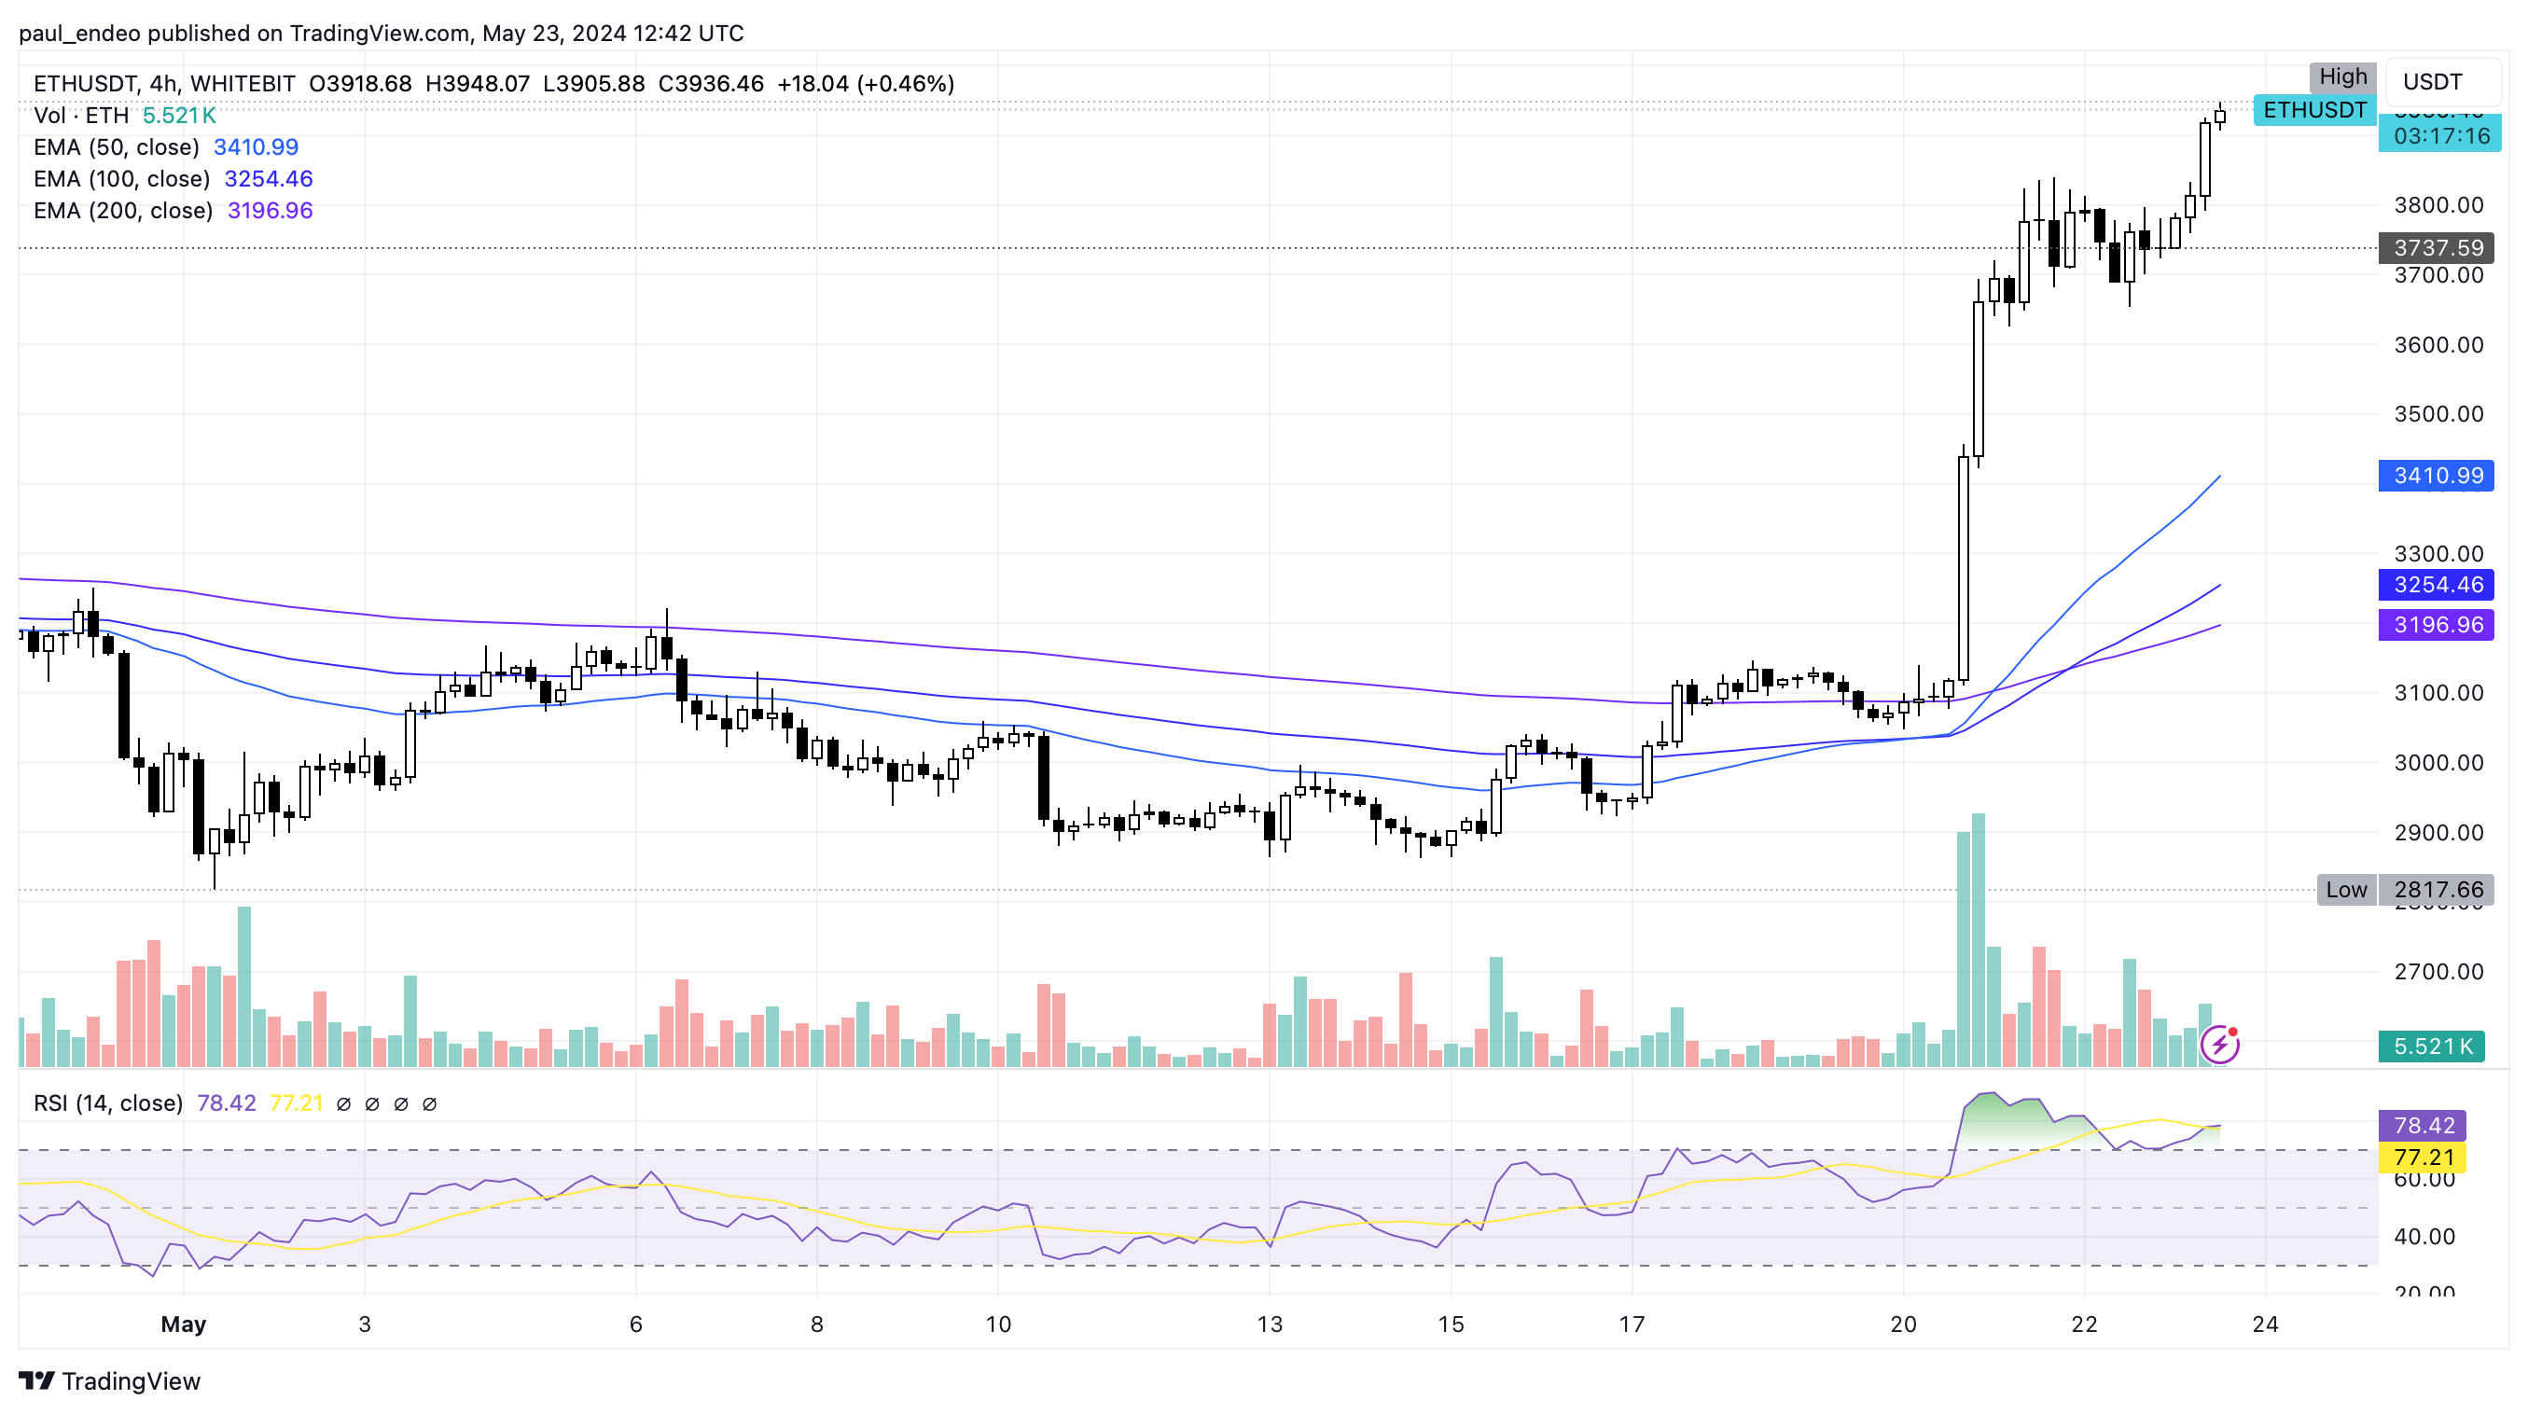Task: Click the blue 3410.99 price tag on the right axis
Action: [x=2436, y=476]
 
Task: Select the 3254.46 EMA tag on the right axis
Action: [x=2436, y=585]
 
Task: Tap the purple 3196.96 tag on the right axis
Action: [x=2436, y=625]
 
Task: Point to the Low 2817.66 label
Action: [x=2404, y=890]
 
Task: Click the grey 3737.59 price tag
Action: [x=2436, y=248]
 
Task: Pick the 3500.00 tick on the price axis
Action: [x=2438, y=414]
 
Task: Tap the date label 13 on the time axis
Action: [x=1269, y=1324]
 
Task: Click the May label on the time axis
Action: [x=184, y=1324]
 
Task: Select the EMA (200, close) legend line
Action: [x=123, y=211]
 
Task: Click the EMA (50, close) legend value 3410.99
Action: [x=257, y=147]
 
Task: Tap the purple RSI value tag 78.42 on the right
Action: [x=2423, y=1126]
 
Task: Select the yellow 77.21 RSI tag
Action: [x=2423, y=1158]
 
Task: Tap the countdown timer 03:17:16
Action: [x=2440, y=136]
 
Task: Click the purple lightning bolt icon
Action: [x=2219, y=1045]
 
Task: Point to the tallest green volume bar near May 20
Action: [x=1979, y=940]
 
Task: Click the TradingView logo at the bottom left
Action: [x=110, y=1381]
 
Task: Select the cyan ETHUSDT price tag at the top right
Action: [x=2314, y=110]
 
